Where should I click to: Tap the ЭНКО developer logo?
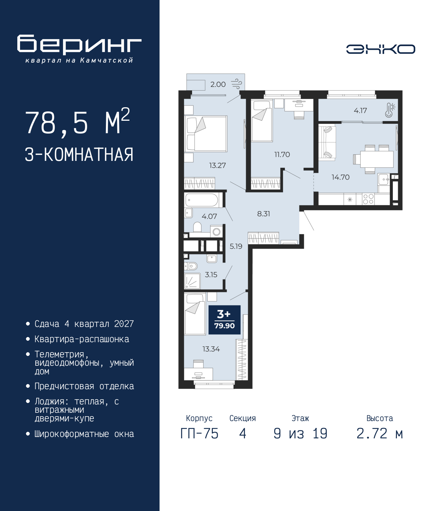coord(380,49)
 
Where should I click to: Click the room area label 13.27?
coord(217,165)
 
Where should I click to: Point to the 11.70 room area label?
coord(282,155)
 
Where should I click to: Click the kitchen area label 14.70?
coord(340,177)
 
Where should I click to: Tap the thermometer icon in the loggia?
coord(390,110)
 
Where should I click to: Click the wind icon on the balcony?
coord(236,84)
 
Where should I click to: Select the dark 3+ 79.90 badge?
coord(224,320)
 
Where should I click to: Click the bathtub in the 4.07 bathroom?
coord(202,200)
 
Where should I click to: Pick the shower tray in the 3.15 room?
coord(192,281)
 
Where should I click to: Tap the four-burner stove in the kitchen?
coord(368,199)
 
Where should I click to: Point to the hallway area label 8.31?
coord(263,214)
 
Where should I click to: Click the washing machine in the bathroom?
coord(216,232)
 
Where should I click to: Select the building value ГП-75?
coord(199,434)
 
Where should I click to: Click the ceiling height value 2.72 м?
coord(380,434)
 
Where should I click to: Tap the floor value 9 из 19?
coord(300,434)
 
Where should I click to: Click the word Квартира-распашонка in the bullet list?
coord(82,339)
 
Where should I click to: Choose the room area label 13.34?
coord(211,349)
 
